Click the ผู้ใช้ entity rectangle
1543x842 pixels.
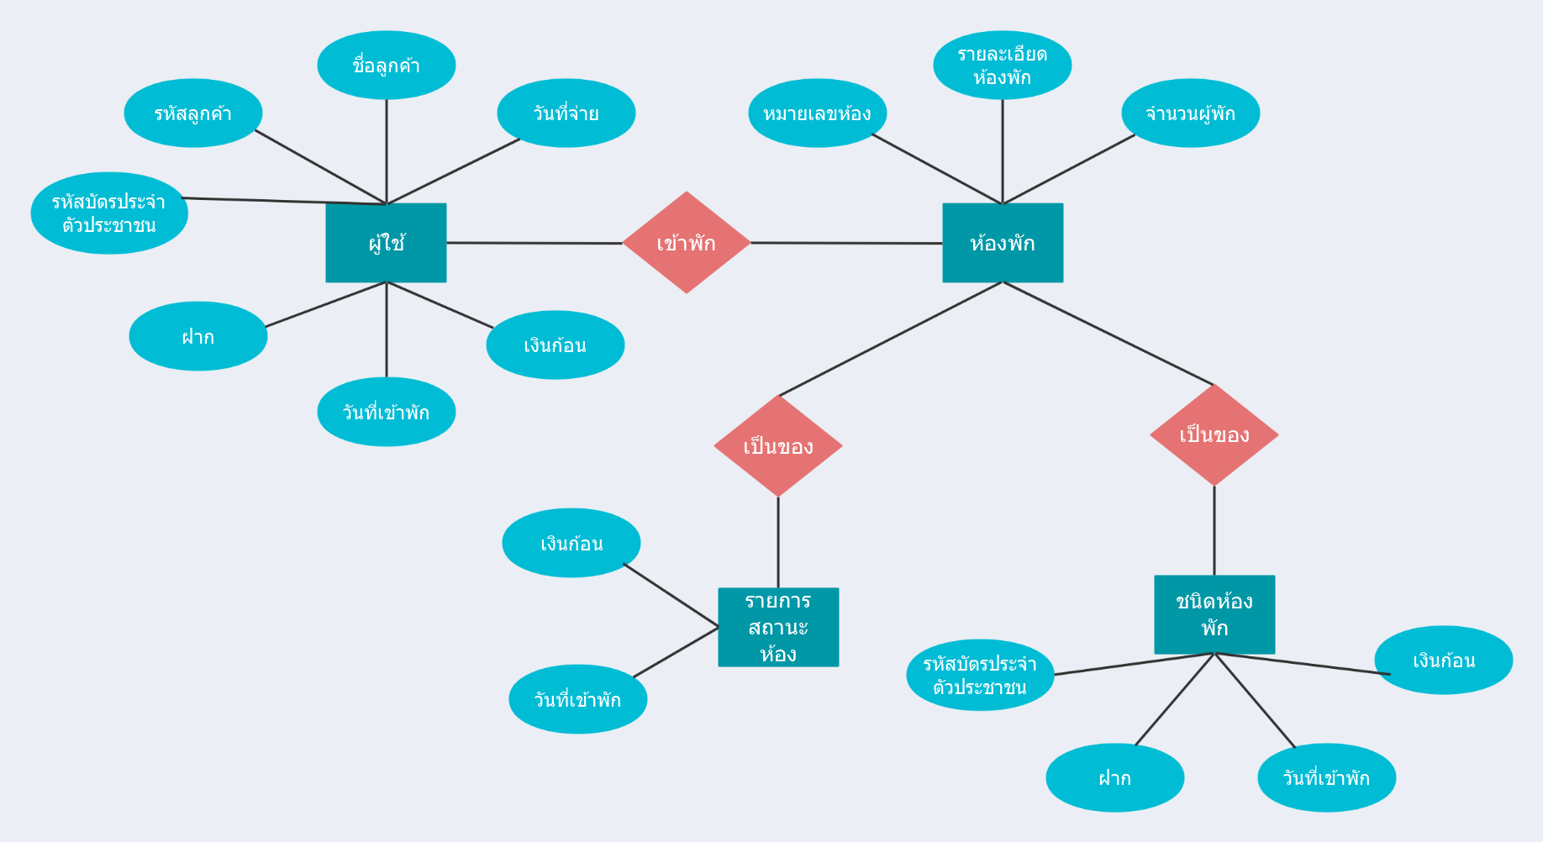[386, 243]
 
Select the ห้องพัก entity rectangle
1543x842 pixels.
[1003, 243]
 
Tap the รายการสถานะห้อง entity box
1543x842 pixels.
[778, 627]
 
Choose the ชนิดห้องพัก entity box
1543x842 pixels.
[1214, 614]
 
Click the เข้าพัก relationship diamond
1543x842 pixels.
[687, 243]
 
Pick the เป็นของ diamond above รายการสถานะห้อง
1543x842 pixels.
[778, 446]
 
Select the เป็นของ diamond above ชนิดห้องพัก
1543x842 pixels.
[1214, 434]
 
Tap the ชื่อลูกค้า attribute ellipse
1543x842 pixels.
[387, 66]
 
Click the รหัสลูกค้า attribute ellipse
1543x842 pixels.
[193, 113]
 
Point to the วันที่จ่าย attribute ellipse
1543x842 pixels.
[566, 113]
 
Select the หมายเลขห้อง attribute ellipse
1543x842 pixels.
[818, 113]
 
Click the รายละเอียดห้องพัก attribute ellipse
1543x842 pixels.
[1003, 66]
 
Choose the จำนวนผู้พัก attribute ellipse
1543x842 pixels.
[1191, 113]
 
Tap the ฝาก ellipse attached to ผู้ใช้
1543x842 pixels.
[198, 336]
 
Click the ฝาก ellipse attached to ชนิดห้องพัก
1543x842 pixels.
[1115, 777]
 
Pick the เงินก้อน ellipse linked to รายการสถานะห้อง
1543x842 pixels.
[571, 543]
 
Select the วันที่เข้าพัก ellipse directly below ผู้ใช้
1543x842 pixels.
[387, 412]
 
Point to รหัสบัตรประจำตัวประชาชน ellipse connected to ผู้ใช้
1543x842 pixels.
[109, 213]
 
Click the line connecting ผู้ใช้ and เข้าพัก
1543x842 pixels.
[535, 243]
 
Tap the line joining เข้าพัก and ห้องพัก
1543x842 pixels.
[847, 243]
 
